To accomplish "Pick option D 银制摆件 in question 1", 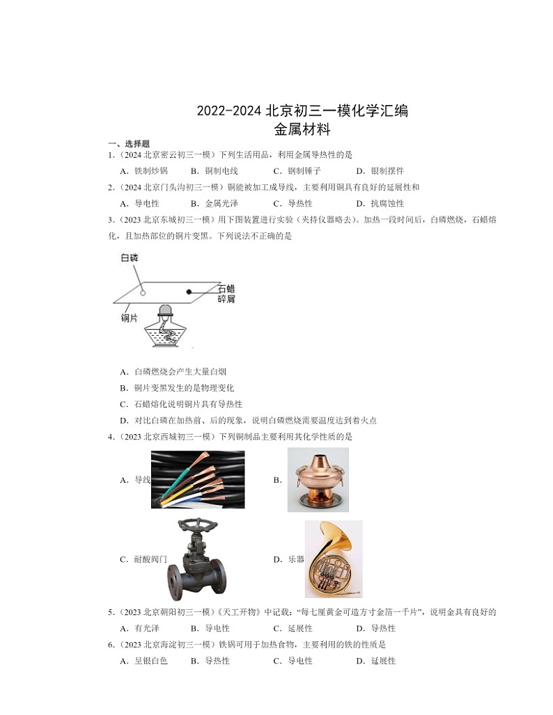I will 380,170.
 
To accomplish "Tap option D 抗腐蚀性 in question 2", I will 380,204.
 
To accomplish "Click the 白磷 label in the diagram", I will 130,258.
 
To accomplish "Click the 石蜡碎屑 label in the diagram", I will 226,293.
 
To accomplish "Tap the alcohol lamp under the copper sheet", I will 166,330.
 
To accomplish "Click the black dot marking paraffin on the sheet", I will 188,292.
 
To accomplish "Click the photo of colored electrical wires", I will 198,479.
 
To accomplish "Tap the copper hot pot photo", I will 318,479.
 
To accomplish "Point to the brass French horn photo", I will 333,559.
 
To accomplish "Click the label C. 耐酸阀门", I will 143,559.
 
